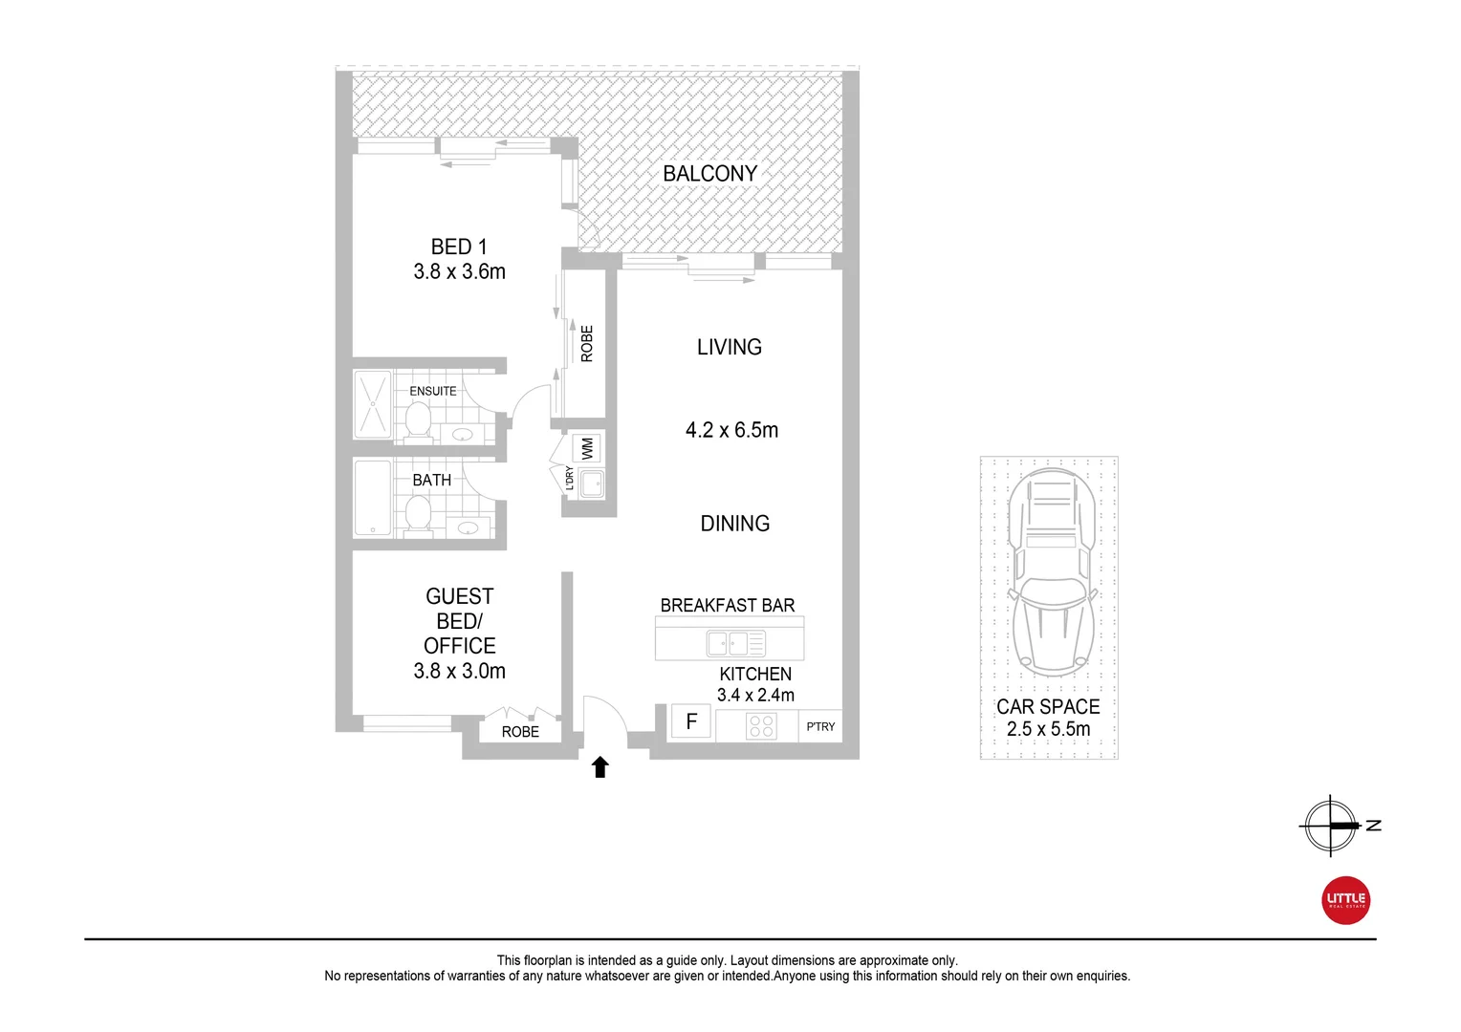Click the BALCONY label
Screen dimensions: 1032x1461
[709, 174]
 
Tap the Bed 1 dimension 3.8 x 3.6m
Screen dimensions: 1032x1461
[459, 272]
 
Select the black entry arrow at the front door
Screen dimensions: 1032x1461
[600, 766]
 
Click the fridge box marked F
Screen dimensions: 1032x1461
[691, 721]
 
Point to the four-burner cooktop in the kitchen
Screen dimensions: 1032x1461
[761, 726]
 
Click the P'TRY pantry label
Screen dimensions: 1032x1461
[820, 727]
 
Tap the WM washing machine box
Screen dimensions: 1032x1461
[587, 447]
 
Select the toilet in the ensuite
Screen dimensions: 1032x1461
[417, 420]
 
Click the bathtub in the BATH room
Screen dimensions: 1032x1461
[372, 498]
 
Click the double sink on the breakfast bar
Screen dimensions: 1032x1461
[734, 643]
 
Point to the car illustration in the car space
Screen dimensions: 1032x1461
[1049, 573]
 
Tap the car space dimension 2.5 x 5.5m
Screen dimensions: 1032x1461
[1048, 729]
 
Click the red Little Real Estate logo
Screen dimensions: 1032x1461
[1345, 900]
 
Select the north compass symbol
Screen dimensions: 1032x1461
[1330, 825]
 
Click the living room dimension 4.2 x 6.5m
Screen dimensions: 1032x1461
[731, 431]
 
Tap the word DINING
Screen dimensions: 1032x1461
[734, 524]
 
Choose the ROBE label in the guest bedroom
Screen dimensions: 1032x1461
[520, 732]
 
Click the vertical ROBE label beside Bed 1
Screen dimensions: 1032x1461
[587, 344]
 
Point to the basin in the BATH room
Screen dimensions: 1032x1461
[468, 527]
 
